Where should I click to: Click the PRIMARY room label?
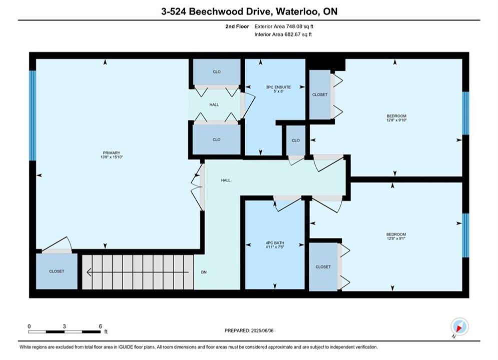(112, 153)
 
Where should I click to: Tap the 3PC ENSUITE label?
(278, 87)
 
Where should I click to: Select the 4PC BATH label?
(275, 243)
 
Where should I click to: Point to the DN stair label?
(204, 272)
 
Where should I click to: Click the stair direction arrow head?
(89, 272)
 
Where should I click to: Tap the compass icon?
(459, 326)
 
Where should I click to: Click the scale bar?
(64, 332)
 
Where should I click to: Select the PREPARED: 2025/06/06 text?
(249, 330)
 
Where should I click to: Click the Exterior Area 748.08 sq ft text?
(284, 26)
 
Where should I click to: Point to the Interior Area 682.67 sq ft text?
(283, 34)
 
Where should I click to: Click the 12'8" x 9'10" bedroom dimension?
(396, 120)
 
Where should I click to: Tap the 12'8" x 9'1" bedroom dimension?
(396, 238)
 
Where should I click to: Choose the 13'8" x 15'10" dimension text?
(112, 157)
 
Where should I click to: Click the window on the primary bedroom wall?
(33, 115)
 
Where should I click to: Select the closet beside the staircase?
(57, 271)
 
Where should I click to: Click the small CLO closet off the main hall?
(296, 140)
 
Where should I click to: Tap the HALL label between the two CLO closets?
(214, 104)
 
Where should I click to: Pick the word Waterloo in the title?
(298, 11)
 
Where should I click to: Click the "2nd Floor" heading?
(237, 26)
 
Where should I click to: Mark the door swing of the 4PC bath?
(287, 204)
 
